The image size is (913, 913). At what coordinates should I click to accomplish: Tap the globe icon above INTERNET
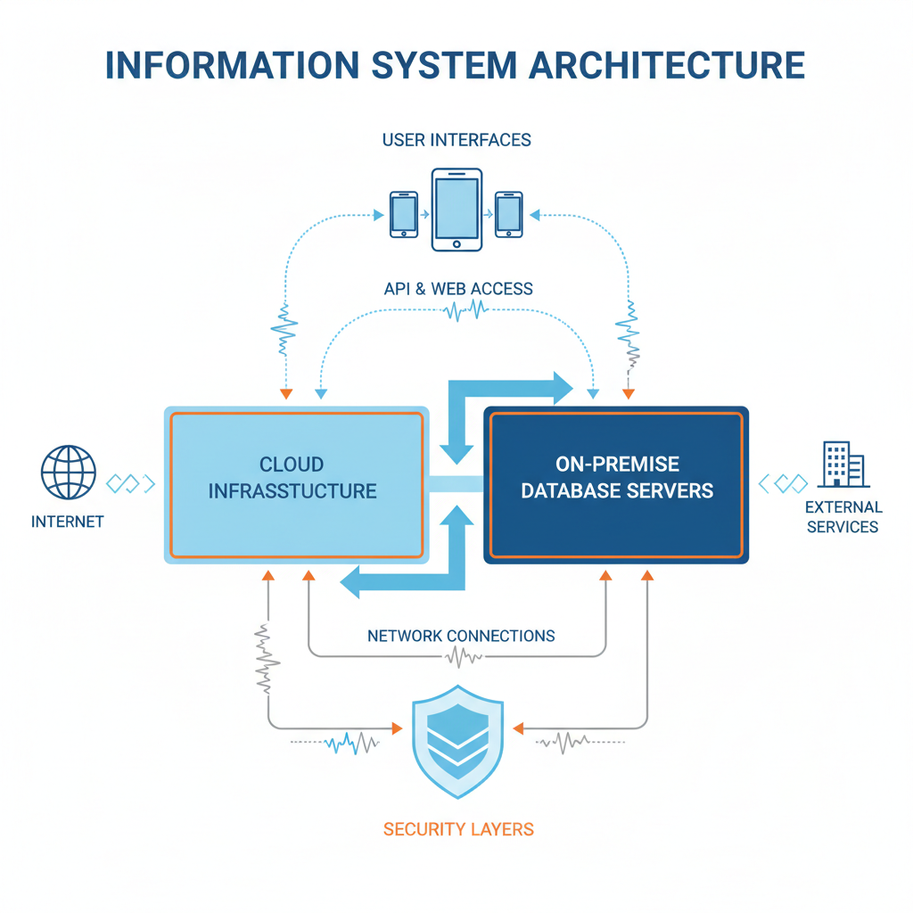click(x=69, y=473)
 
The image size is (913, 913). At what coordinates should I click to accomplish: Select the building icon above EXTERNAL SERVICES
click(x=843, y=465)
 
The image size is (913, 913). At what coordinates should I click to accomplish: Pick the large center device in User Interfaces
click(x=456, y=210)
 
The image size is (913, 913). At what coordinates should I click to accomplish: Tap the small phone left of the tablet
click(x=404, y=214)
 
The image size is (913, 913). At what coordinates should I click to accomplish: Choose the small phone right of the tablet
click(x=509, y=214)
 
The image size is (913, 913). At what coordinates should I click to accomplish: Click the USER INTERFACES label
click(x=456, y=140)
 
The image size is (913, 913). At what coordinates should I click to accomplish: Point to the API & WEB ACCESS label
click(x=456, y=289)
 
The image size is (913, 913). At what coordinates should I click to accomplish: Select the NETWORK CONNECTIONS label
click(x=461, y=636)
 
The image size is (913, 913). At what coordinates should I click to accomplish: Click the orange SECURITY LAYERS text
click(x=458, y=829)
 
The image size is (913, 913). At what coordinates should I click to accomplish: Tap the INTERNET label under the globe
click(x=68, y=522)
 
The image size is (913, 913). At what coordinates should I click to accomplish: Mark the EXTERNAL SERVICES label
click(x=843, y=517)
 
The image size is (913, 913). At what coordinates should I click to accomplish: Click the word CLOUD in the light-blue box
click(x=292, y=465)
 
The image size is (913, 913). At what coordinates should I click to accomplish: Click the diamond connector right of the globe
click(x=130, y=483)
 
